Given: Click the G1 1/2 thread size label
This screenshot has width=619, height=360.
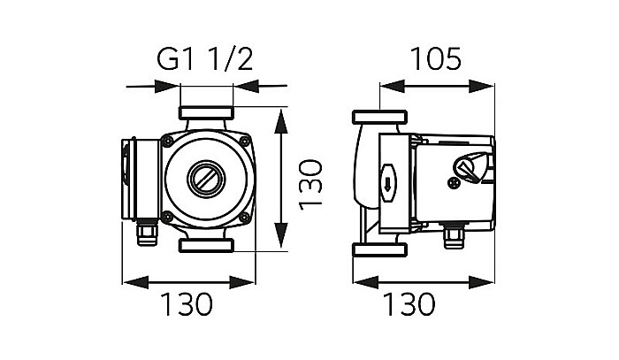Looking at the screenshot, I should pyautogui.click(x=205, y=59).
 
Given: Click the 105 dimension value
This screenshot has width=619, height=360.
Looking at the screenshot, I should pyautogui.click(x=435, y=59).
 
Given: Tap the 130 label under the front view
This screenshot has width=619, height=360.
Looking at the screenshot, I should pyautogui.click(x=187, y=304).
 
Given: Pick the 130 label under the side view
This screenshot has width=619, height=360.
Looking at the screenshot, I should pyautogui.click(x=410, y=304).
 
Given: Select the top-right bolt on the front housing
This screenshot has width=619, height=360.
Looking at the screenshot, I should pyautogui.click(x=247, y=142).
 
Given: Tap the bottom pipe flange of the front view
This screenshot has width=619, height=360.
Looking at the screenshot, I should pyautogui.click(x=207, y=243).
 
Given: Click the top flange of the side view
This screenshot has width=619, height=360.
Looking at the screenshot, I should pyautogui.click(x=379, y=119).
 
